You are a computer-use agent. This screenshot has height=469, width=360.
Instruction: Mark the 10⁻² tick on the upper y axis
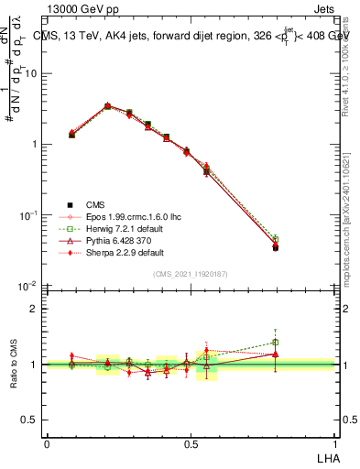30,286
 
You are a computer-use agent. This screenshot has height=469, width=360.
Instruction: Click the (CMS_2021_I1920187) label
190,274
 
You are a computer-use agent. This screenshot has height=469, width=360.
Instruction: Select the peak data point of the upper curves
107,106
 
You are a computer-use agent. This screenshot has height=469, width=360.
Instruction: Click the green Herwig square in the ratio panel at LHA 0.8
276,343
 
